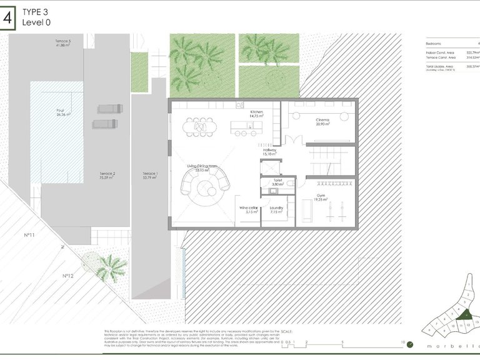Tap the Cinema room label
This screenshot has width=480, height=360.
pos(323,120)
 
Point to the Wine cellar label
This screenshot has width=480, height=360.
pos(248,208)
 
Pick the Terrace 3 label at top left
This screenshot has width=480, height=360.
pos(63,41)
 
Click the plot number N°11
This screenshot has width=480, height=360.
pos(28,236)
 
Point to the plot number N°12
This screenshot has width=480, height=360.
pos(69,275)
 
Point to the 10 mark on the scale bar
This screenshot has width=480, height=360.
pos(403,342)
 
